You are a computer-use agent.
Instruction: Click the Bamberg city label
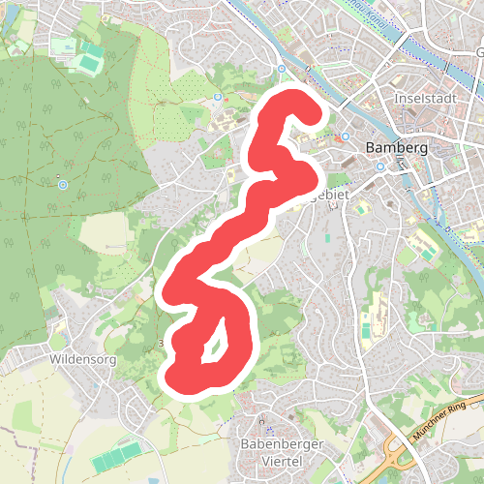396,149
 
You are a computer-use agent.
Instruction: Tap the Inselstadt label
424,99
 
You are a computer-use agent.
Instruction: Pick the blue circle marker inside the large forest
63,184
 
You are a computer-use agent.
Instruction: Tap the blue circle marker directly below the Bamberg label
380,166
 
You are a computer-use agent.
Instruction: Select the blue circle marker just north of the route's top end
281,70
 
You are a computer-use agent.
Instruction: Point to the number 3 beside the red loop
160,344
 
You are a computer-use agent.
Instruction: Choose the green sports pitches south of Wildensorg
122,454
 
